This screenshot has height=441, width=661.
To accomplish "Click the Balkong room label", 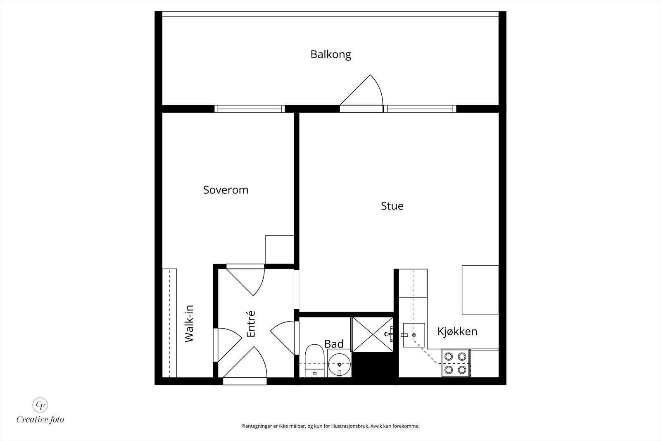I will point(331,55).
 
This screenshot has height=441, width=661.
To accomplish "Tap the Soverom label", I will point(226,190).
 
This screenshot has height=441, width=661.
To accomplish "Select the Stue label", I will point(392,206).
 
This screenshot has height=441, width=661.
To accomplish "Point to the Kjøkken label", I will point(457,331).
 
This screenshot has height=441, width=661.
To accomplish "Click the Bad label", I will point(334,344).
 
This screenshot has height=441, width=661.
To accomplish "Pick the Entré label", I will point(251,324).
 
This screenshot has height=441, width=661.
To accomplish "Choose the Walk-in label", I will point(189,323).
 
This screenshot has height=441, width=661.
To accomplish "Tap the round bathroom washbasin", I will point(340,364).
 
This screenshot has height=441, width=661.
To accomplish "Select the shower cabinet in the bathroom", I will point(372,334).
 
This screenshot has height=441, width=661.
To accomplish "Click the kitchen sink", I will point(414,335).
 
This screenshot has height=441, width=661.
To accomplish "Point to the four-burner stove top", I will point(455,363).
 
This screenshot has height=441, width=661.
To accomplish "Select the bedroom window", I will point(250,109).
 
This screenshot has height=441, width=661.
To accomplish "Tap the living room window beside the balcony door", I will point(420,109).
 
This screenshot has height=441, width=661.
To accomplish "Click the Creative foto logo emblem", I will point(40,404).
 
